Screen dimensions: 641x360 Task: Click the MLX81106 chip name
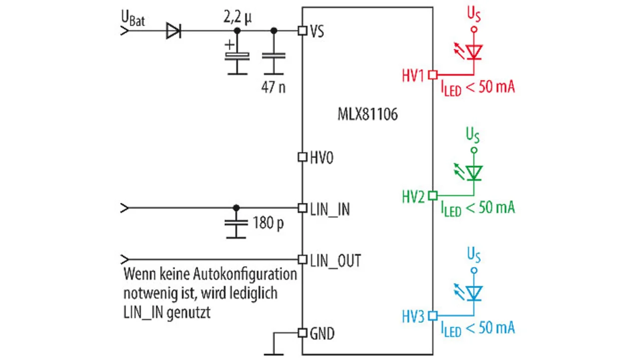click(x=368, y=115)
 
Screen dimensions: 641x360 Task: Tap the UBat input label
click(x=133, y=19)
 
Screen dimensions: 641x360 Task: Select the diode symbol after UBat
click(x=173, y=31)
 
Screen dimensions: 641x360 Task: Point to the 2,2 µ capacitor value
click(x=237, y=17)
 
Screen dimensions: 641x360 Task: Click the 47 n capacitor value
click(x=273, y=87)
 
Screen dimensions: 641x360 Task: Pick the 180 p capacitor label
click(x=268, y=223)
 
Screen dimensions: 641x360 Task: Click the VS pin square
click(x=302, y=31)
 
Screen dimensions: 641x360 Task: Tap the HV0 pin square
click(x=302, y=157)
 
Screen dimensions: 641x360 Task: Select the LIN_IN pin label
click(x=330, y=209)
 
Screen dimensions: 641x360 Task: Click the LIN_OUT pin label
click(x=336, y=261)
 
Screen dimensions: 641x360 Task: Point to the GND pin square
click(x=302, y=333)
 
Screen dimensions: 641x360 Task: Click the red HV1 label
click(x=413, y=76)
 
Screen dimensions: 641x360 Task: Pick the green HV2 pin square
click(x=433, y=196)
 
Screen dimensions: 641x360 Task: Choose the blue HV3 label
click(x=413, y=317)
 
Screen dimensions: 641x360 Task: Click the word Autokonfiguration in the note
click(x=245, y=274)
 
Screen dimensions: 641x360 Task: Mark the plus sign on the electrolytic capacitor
click(x=229, y=45)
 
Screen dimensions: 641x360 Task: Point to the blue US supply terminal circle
click(x=474, y=270)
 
